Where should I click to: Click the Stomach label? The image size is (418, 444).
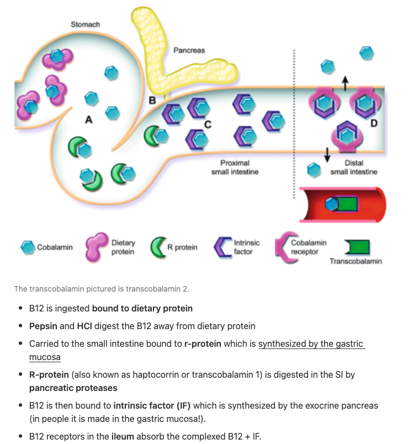point(85,24)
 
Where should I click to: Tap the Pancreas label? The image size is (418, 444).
point(189,50)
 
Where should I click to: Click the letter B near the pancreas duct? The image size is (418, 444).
point(152,100)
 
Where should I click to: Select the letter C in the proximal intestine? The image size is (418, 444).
point(208,124)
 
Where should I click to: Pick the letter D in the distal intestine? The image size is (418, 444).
point(374,122)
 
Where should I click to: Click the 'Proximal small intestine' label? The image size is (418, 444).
point(235,167)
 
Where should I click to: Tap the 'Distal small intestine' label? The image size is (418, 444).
point(353,167)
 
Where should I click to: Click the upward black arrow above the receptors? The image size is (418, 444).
point(345,82)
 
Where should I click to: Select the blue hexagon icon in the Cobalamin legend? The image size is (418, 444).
point(28,247)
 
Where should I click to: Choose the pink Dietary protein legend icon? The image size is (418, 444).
point(96,247)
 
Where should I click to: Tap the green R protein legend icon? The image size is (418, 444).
point(158,247)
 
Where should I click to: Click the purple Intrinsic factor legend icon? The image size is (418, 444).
point(223,247)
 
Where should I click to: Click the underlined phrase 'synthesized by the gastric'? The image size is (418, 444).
point(310,343)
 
